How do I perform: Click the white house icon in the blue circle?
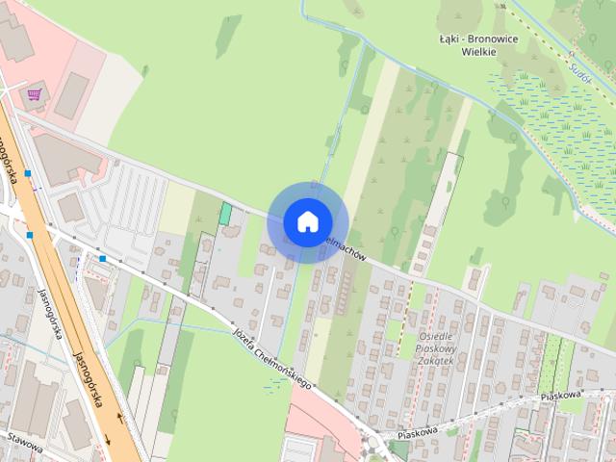(306, 221)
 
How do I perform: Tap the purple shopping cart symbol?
(35, 94)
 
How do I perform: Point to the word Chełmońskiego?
(288, 370)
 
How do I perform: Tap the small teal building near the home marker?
(225, 214)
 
